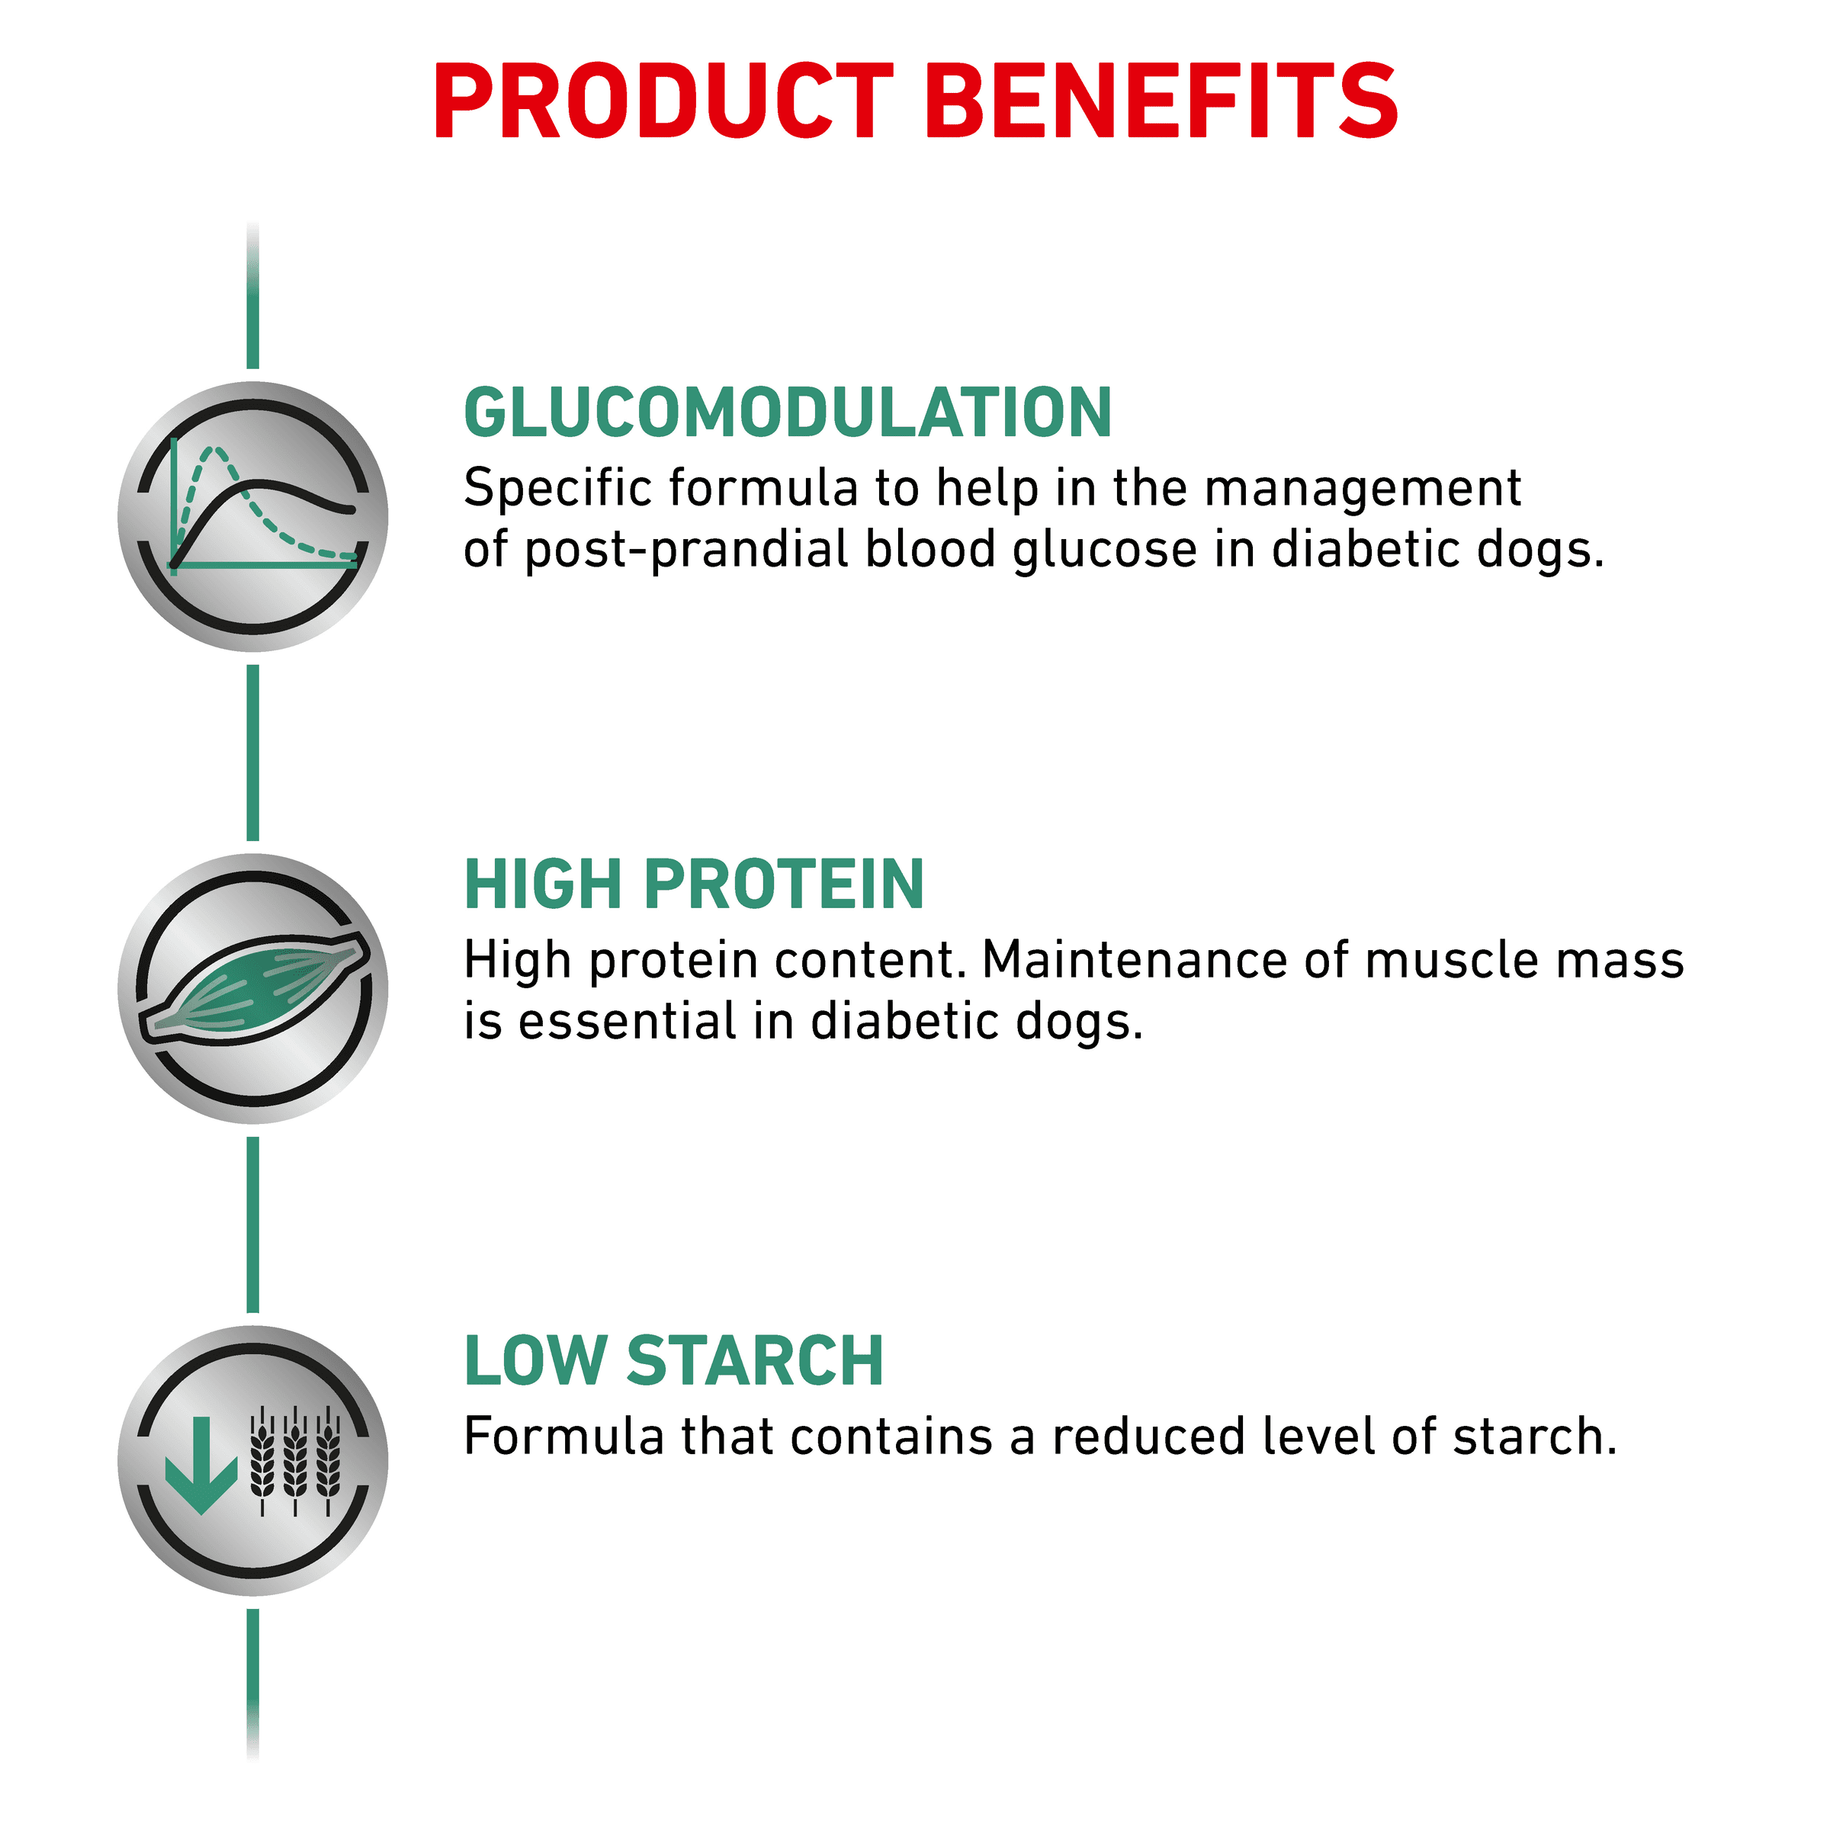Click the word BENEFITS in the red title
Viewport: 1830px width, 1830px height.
pos(1167,101)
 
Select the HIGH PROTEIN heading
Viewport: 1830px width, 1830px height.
pos(695,884)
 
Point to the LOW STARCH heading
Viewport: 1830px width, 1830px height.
pos(674,1361)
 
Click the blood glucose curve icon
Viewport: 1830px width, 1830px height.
pos(253,517)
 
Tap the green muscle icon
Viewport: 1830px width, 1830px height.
pos(253,989)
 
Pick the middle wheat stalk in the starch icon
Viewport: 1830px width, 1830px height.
pos(296,1461)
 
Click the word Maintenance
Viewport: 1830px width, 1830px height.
pos(1135,961)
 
